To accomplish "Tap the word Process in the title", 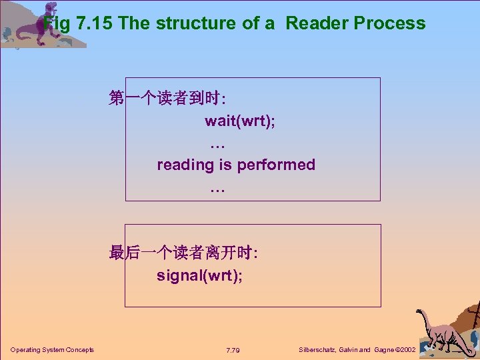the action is click(x=389, y=23).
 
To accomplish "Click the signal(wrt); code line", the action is click(x=200, y=275).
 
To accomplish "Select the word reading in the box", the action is click(x=185, y=165).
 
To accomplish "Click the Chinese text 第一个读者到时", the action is click(x=167, y=99).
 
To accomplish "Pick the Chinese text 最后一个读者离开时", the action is click(x=183, y=253).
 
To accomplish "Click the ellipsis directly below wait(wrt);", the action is click(x=217, y=144).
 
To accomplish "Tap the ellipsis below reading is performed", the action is click(x=217, y=189).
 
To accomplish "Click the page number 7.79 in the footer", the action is click(x=233, y=350).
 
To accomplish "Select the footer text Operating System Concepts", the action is click(x=52, y=350).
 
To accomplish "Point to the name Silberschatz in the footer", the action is click(x=319, y=350).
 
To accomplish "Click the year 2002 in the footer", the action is click(x=406, y=350).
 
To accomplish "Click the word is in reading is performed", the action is click(x=225, y=165).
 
